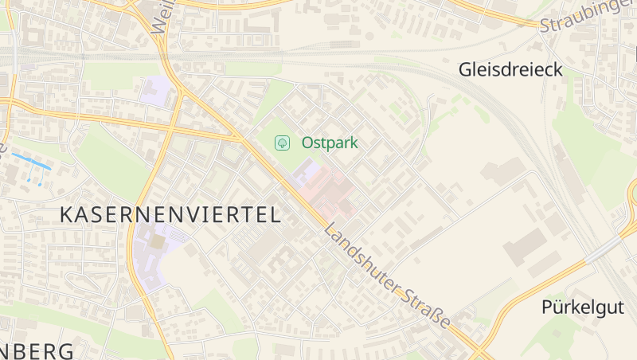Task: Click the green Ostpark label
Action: [x=330, y=143]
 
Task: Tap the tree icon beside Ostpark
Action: [x=281, y=143]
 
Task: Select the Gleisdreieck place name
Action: [x=510, y=70]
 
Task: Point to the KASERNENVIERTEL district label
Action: [x=170, y=214]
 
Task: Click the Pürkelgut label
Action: [x=580, y=307]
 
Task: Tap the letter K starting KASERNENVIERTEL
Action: [x=68, y=214]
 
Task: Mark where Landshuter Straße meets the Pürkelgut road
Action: [x=482, y=350]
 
